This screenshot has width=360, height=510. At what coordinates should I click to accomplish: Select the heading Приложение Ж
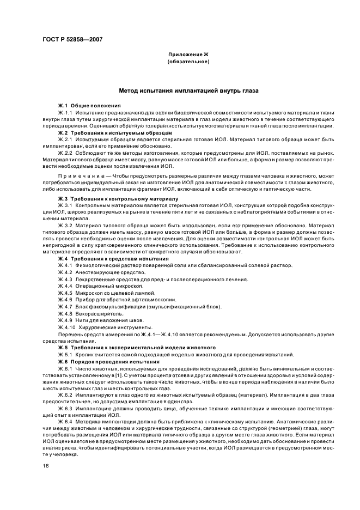point(188,55)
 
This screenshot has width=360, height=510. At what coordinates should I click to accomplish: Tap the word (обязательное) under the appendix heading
point(188,62)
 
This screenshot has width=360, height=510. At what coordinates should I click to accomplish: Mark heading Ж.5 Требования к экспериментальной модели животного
point(137,347)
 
